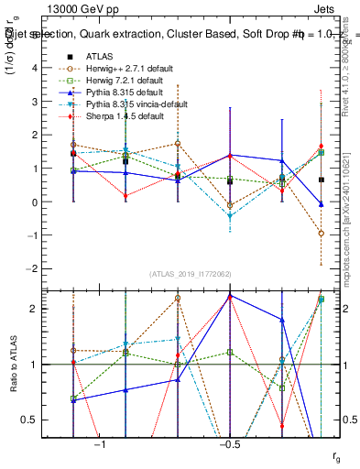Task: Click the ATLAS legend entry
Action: pyautogui.click(x=101, y=56)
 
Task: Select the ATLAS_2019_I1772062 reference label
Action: pyautogui.click(x=191, y=274)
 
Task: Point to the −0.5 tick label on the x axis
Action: pyautogui.click(x=229, y=444)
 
